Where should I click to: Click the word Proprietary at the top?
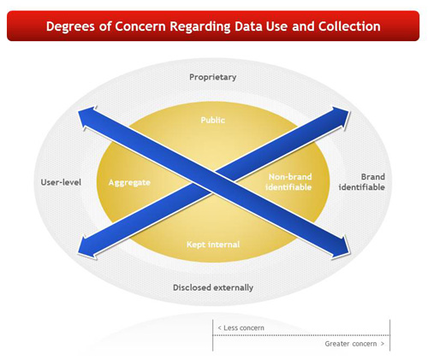(213, 77)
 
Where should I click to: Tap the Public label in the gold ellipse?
(213, 120)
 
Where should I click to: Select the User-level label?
(61, 182)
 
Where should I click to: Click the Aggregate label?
(129, 183)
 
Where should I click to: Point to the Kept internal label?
(213, 245)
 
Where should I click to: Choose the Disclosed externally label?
(213, 287)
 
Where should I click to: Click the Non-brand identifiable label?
(288, 182)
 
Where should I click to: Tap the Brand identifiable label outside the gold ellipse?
(362, 182)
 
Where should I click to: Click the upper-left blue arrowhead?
(87, 117)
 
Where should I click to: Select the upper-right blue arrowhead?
(341, 117)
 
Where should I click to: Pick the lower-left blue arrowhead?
(87, 247)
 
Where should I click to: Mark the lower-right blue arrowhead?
(341, 247)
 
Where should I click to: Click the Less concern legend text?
(241, 328)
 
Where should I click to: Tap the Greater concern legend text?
(354, 344)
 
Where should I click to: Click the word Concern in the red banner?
(140, 26)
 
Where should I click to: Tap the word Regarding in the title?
(199, 27)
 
